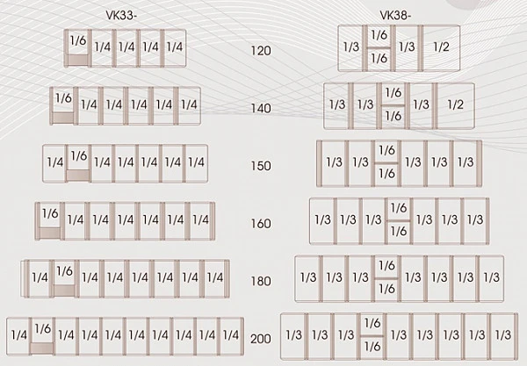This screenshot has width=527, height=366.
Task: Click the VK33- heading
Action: pyautogui.click(x=121, y=16)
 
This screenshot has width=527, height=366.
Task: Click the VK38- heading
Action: pyautogui.click(x=395, y=16)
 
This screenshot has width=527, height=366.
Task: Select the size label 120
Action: pyautogui.click(x=261, y=51)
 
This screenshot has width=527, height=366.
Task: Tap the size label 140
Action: pyautogui.click(x=261, y=109)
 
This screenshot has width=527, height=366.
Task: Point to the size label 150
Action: pyautogui.click(x=261, y=166)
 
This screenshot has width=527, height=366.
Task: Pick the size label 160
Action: pyautogui.click(x=261, y=224)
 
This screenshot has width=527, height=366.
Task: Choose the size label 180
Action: pyautogui.click(x=261, y=281)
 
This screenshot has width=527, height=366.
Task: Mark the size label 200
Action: pyautogui.click(x=261, y=339)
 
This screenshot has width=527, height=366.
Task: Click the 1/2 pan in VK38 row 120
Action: pyautogui.click(x=441, y=48)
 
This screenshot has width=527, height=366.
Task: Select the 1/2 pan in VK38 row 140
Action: pyautogui.click(x=456, y=106)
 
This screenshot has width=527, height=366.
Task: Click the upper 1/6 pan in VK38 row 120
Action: pyautogui.click(x=379, y=37)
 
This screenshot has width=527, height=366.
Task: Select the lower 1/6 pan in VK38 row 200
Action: pyautogui.click(x=372, y=347)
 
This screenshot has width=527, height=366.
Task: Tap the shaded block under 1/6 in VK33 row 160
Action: pyautogui.click(x=50, y=233)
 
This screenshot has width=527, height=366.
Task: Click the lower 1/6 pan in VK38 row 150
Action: pyautogui.click(x=386, y=175)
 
